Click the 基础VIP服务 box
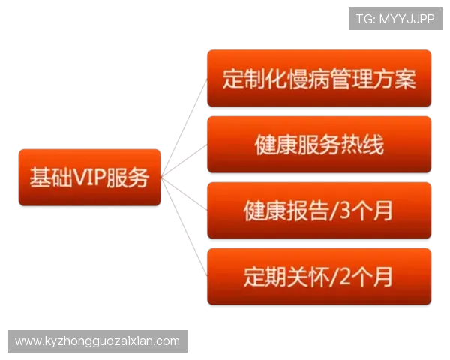(x=89, y=178)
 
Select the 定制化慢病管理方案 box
(x=319, y=79)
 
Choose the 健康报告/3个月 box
(x=319, y=211)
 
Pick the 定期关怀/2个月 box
(x=319, y=277)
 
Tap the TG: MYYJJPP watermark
(x=395, y=18)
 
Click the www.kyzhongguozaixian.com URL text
(x=97, y=341)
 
